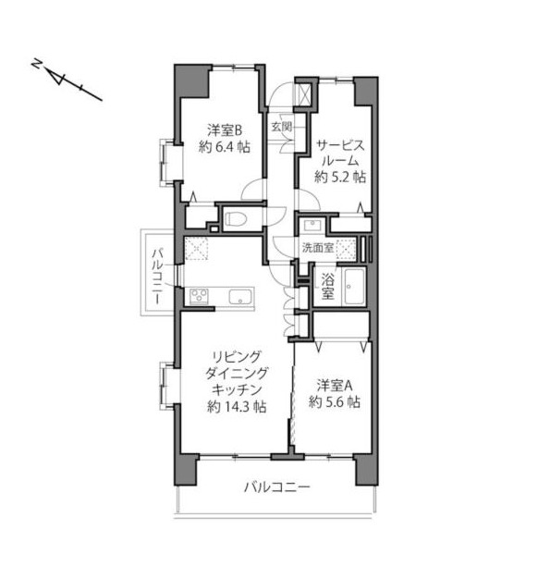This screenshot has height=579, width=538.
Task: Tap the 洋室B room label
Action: point(225,130)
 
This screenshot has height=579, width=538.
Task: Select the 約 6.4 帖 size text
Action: point(225,147)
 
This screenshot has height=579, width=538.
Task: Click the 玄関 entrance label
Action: point(282,127)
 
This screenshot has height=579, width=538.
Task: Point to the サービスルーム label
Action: point(340,153)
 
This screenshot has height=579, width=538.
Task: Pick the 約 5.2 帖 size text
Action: point(340,178)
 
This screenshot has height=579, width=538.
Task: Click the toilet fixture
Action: point(236,219)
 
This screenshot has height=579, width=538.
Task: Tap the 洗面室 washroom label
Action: point(318,248)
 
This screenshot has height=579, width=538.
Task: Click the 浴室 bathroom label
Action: point(327,286)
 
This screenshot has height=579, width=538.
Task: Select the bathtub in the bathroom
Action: point(353,287)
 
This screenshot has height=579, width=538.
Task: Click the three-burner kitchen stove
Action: point(199,297)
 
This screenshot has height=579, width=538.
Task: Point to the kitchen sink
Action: point(240,297)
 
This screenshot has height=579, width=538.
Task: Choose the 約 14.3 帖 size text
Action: point(237,407)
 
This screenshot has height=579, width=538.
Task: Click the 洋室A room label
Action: point(335,386)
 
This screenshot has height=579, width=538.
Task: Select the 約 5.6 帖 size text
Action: point(335,401)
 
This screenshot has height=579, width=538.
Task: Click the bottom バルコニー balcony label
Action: point(277,487)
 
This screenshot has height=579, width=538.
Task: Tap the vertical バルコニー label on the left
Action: point(157,277)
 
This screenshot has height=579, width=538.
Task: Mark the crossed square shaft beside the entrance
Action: point(305,94)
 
